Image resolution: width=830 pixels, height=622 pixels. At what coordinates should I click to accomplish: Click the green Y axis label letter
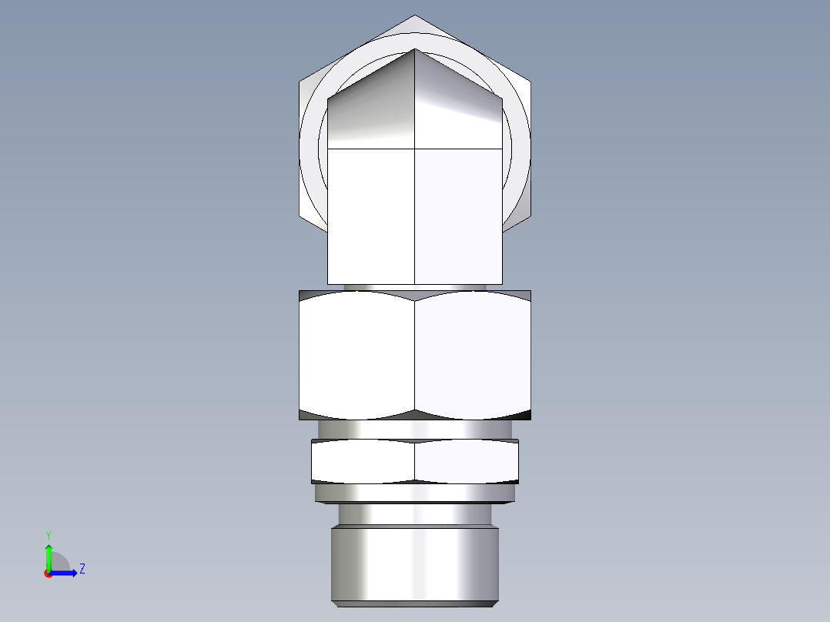[48, 533]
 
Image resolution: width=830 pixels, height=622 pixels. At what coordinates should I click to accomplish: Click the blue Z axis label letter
[82, 569]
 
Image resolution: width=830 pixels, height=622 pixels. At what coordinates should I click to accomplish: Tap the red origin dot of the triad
[48, 574]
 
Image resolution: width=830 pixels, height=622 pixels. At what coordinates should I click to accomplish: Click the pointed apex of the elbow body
[415, 50]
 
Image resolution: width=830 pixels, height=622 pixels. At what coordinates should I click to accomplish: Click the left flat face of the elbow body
[371, 216]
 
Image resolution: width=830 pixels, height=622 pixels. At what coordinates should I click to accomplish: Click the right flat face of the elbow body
[459, 216]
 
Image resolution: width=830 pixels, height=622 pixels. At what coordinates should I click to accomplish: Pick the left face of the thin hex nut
[362, 461]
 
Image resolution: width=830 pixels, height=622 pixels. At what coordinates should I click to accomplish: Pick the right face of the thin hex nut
[467, 461]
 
